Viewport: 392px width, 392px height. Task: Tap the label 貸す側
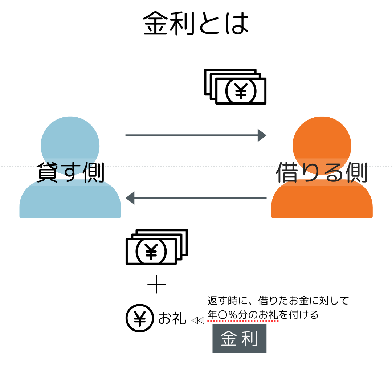click(x=70, y=172)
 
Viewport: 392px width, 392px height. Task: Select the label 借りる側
click(x=321, y=172)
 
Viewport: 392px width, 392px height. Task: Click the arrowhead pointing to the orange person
click(x=262, y=135)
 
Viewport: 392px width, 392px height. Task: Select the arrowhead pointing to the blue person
click(x=130, y=198)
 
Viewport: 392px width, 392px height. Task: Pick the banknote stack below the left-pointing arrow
click(x=156, y=247)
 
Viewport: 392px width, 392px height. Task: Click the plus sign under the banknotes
click(x=157, y=284)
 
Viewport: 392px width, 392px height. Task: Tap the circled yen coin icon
click(x=140, y=318)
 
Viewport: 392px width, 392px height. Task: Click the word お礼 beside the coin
click(x=172, y=318)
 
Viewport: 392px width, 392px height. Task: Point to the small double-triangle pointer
click(x=197, y=320)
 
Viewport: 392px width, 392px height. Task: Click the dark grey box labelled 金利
click(x=239, y=339)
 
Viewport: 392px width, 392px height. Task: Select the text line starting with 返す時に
click(x=278, y=301)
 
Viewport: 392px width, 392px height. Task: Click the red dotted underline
click(x=243, y=321)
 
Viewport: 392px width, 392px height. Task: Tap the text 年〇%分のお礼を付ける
click(x=263, y=314)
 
